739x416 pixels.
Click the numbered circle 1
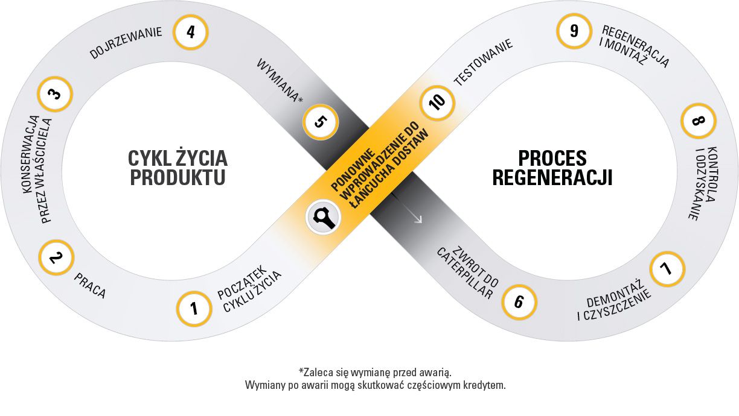[x=194, y=309]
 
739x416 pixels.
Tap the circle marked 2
[x=56, y=259]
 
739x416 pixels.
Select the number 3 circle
[x=55, y=94]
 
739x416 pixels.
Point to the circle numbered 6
[x=519, y=301]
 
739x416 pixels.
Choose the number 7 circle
[x=667, y=268]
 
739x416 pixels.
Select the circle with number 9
[x=574, y=30]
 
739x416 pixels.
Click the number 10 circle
[x=438, y=100]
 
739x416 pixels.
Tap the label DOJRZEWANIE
[x=127, y=42]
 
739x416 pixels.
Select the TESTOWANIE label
[x=483, y=62]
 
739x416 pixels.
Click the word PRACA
[x=90, y=285]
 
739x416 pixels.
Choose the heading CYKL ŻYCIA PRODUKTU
[x=178, y=168]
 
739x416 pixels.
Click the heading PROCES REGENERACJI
[x=552, y=168]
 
